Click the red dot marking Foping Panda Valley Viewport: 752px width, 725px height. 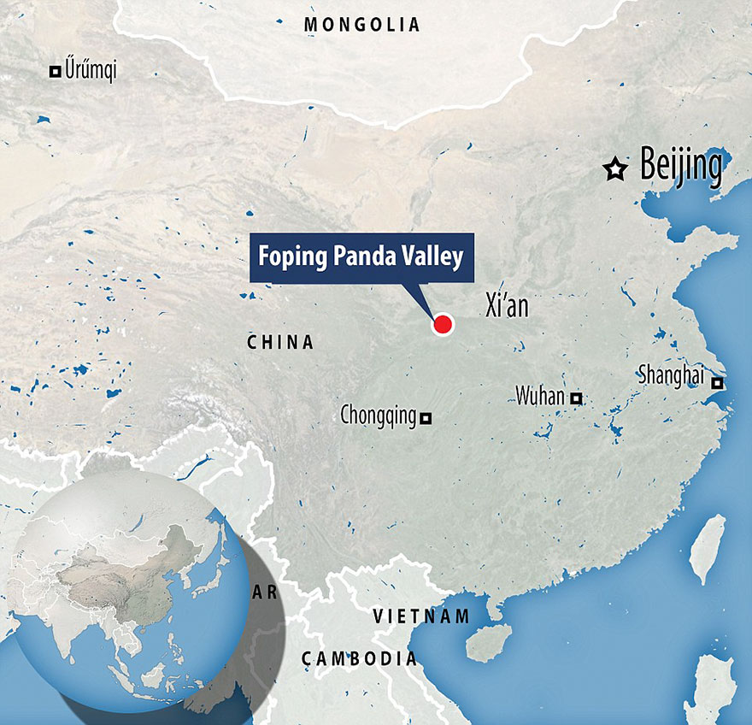click(443, 324)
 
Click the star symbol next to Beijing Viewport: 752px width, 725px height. click(614, 169)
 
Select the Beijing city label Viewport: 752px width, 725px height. click(680, 167)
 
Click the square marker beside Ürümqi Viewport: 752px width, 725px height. click(56, 72)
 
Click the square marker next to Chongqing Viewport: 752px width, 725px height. click(426, 418)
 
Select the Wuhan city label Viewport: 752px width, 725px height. click(540, 396)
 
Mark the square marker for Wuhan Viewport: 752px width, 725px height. click(577, 398)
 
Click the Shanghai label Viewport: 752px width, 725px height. click(674, 375)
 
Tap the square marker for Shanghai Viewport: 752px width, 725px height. click(719, 384)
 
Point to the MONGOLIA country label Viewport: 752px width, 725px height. click(362, 25)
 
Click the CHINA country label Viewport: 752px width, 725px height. click(280, 343)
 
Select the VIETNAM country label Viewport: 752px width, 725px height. click(421, 616)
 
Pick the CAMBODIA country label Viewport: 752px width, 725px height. click(359, 658)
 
